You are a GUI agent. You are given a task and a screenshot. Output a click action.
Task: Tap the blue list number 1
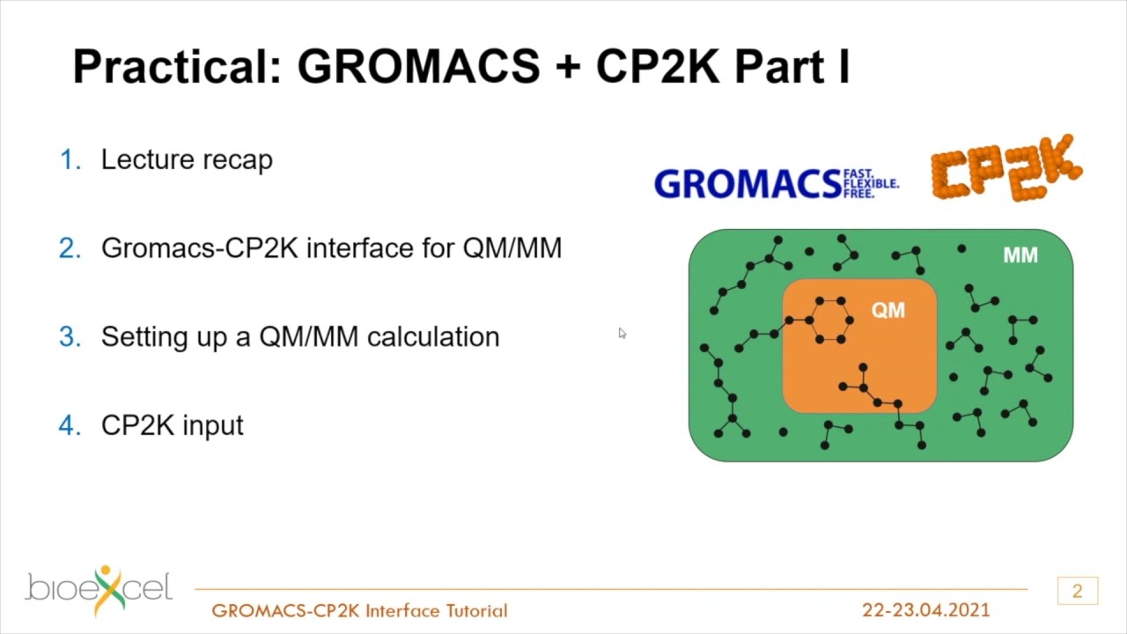point(70,160)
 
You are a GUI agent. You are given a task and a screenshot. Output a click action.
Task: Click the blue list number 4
point(70,426)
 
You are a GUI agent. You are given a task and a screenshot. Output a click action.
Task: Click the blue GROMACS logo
point(747,184)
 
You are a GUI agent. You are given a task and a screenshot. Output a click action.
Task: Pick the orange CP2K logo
point(1005,169)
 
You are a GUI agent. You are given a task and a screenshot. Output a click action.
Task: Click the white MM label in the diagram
point(1020,255)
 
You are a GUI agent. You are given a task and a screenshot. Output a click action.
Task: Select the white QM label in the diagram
point(888,310)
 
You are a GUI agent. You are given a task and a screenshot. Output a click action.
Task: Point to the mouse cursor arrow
point(622,333)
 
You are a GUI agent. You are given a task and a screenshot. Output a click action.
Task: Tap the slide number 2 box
point(1077,591)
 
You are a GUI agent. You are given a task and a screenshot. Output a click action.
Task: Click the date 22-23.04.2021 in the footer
point(925,610)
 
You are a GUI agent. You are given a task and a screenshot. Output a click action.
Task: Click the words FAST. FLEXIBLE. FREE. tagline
point(870,183)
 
